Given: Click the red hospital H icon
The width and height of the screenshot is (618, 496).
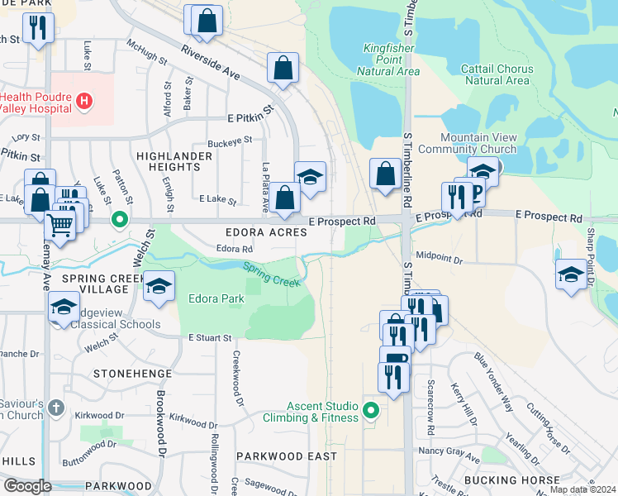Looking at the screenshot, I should click(x=83, y=101).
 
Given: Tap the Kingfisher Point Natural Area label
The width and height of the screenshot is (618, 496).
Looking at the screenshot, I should click(x=388, y=60).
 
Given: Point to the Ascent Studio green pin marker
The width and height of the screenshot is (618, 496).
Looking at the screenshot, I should click(x=371, y=409).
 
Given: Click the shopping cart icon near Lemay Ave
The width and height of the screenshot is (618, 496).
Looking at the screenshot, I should click(x=59, y=224).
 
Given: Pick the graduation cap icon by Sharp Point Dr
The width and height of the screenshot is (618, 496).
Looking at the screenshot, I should click(x=571, y=274).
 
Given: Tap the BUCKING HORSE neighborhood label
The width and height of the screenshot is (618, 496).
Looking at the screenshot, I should click(x=535, y=479).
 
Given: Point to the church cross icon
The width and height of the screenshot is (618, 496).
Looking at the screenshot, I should click(x=55, y=408).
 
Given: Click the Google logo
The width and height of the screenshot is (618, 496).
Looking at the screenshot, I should click(x=27, y=485).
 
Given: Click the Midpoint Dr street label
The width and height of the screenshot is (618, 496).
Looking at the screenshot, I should click(x=440, y=258).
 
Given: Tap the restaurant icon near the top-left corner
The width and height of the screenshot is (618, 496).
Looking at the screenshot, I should click(x=37, y=27).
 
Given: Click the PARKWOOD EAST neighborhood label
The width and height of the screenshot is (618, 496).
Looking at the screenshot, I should click(x=287, y=455).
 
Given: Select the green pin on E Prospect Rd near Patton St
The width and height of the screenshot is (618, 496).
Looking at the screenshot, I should click(x=120, y=220).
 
